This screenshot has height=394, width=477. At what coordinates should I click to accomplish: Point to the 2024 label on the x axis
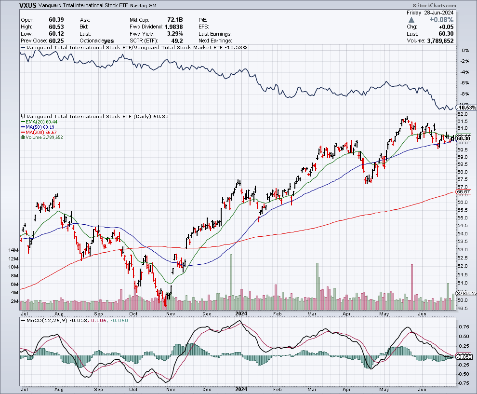point(241,312)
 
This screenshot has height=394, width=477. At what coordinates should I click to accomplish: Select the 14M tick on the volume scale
point(13,250)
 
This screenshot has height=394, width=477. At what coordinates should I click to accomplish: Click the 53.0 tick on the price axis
point(463,249)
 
